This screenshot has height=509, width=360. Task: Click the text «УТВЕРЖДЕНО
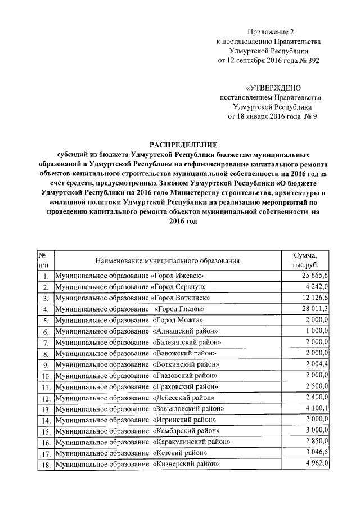pos(273,88)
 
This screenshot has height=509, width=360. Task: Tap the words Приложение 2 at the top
pos(273,33)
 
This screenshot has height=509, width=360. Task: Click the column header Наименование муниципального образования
pos(167,260)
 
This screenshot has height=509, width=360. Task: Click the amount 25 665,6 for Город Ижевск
pos(318,276)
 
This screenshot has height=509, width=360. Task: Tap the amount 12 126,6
pos(319,298)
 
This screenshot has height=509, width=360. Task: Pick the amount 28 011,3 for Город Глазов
pos(319,309)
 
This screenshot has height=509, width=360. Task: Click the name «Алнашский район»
pos(185,331)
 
